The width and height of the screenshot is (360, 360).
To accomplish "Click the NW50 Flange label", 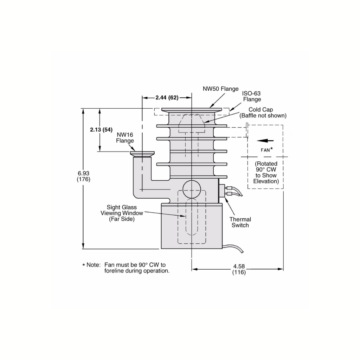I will coord(220,89).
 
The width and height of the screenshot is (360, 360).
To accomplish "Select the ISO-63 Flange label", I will coord(251,96).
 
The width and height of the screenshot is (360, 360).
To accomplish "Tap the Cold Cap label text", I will coord(261,110).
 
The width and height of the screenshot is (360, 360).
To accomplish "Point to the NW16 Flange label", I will coord(125,137).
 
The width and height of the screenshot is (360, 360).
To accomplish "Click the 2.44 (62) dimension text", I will coord(167,98).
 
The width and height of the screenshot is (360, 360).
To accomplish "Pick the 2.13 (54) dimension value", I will coord(101,130).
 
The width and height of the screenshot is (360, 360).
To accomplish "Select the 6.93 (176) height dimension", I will coord(83,176).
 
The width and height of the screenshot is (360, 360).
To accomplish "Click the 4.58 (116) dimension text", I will coord(239,269).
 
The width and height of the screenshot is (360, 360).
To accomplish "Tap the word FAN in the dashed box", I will coord(266,150).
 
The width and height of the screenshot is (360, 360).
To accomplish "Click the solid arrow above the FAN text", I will coord(265,141).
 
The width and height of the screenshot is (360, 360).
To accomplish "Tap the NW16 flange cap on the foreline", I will coord(142,154).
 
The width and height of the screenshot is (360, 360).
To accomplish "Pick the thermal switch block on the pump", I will coord(221,190).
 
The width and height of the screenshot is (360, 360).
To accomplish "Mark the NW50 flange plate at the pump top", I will coord(192,110).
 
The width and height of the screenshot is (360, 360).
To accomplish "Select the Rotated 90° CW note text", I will coord(266,172).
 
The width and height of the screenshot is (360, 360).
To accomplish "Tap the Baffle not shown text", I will coord(263,116).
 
